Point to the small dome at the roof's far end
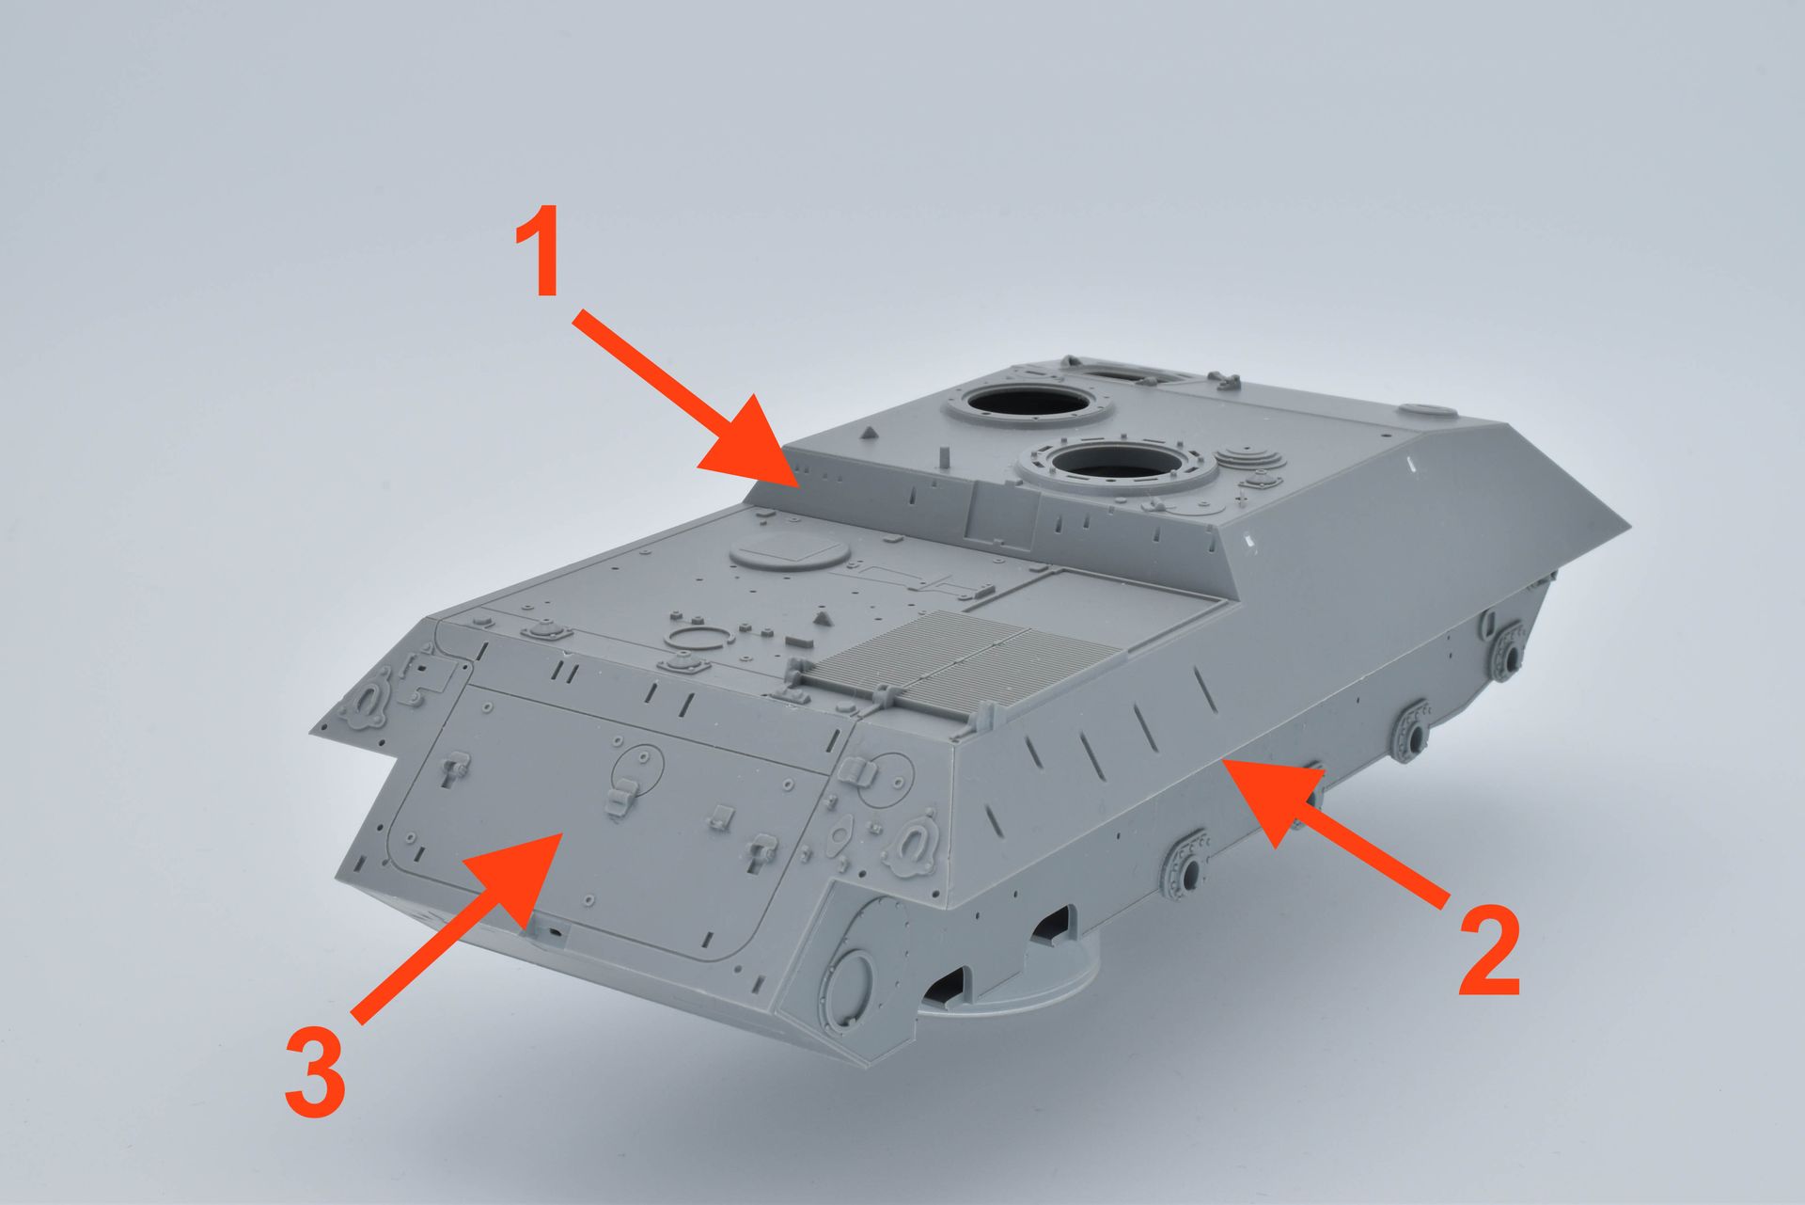1430,410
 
